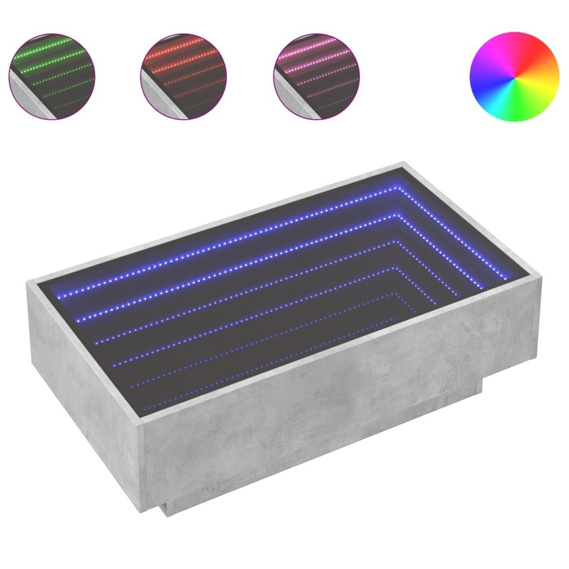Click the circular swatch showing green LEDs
pyautogui.click(x=52, y=76)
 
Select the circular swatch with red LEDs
pyautogui.click(x=184, y=76)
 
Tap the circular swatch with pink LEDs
pyautogui.click(x=316, y=76)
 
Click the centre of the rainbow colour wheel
pyautogui.click(x=514, y=76)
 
